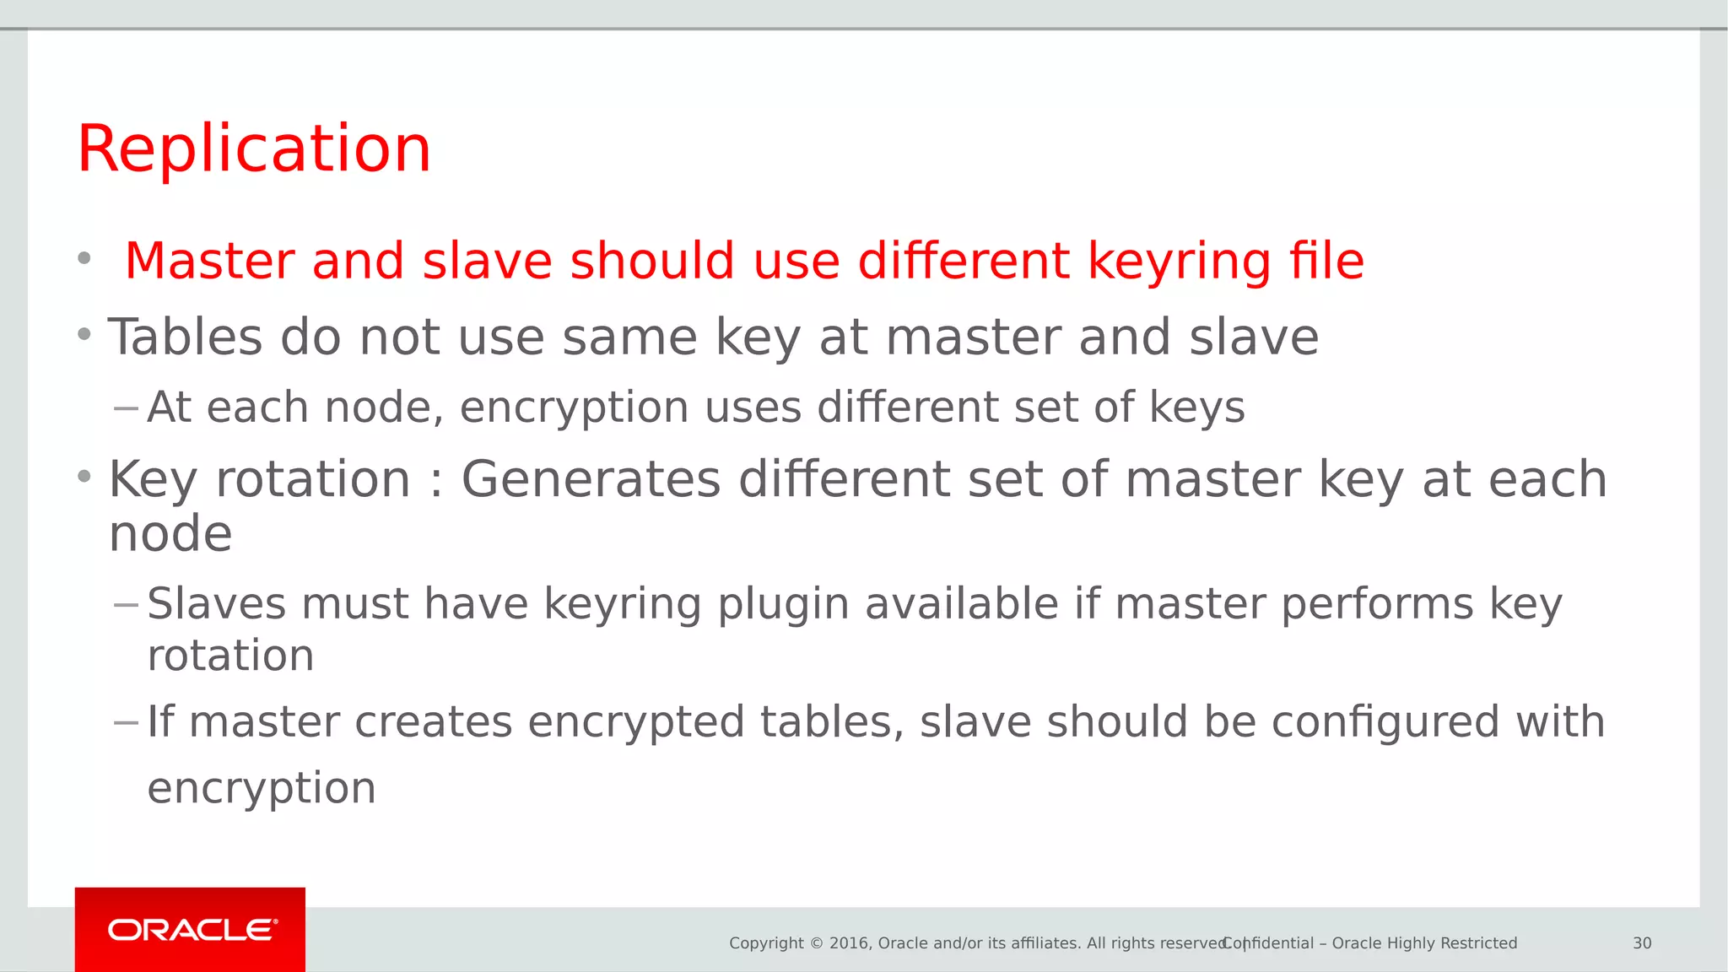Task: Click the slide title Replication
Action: click(x=254, y=148)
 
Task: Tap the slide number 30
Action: click(x=1642, y=943)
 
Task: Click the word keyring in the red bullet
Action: click(x=1179, y=262)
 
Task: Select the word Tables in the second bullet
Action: click(x=185, y=337)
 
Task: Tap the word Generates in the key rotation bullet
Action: click(x=591, y=479)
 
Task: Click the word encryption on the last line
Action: click(x=262, y=789)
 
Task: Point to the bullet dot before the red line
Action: click(x=84, y=258)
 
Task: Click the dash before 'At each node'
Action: click(x=126, y=409)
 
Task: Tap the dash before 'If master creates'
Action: click(x=126, y=723)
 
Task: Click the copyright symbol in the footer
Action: click(x=816, y=943)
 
